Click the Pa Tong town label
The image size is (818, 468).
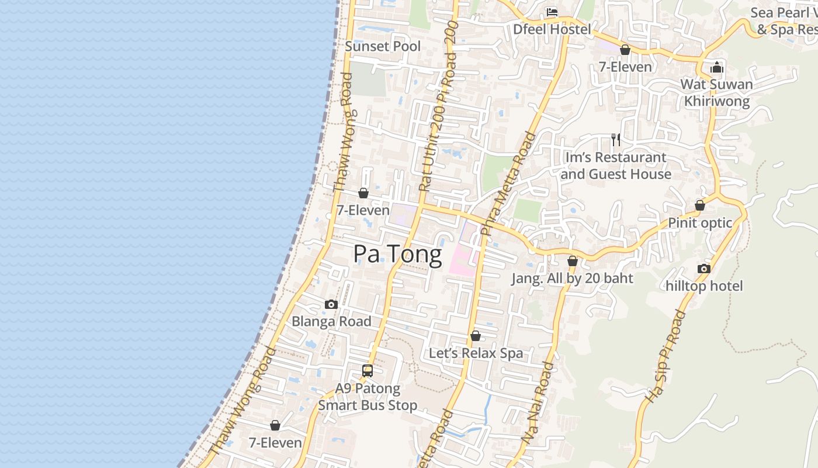tap(397, 255)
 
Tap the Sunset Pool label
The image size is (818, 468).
tap(383, 46)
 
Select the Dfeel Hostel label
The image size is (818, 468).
tap(552, 29)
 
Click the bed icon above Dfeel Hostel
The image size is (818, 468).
tap(552, 12)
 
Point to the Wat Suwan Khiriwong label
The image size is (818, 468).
tap(717, 92)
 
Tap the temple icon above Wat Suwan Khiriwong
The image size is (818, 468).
tap(717, 67)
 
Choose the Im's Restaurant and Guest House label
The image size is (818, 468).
tap(616, 166)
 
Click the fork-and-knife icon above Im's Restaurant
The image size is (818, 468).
tap(615, 139)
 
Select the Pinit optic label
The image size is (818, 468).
tap(700, 223)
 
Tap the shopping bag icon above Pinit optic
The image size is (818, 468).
tap(700, 205)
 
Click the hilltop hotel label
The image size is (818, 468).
tap(704, 286)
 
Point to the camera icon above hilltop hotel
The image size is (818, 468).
tap(704, 269)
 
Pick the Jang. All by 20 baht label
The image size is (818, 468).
tap(573, 278)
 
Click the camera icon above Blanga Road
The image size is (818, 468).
tap(331, 304)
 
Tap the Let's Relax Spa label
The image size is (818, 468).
tap(476, 353)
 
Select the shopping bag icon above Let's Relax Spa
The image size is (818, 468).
tap(476, 336)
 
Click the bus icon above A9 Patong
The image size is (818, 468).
tap(368, 370)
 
